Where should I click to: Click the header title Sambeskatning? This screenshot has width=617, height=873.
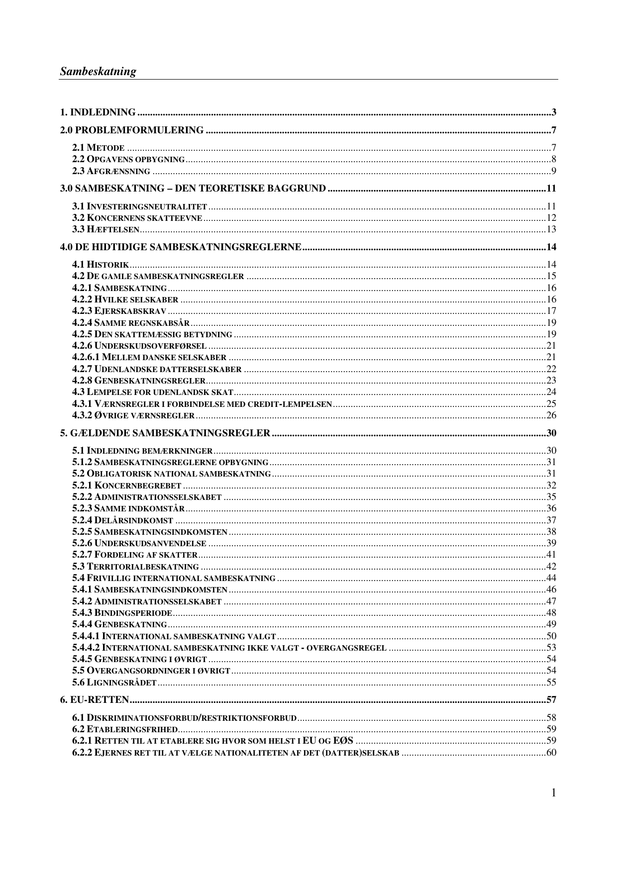tap(98, 71)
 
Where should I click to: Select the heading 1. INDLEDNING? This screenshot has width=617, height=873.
tap(98, 112)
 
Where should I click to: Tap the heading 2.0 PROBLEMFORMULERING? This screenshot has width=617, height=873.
tap(132, 130)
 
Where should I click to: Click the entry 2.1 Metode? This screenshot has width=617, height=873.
tap(98, 148)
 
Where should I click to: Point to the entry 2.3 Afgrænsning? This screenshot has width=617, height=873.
tap(111, 172)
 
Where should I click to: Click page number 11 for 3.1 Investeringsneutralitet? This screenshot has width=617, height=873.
tap(551, 206)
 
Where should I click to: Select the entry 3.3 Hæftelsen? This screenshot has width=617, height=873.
tap(105, 229)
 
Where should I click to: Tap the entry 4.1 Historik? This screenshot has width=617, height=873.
tap(101, 265)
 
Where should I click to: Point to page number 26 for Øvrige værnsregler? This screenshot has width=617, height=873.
tap(551, 415)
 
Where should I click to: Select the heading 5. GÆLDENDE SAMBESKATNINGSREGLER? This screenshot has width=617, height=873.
tap(165, 433)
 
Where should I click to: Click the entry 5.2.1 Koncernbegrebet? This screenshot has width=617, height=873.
tap(126, 485)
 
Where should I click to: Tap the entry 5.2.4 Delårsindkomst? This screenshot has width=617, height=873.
tap(122, 521)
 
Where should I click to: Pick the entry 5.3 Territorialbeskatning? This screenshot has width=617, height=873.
tap(135, 567)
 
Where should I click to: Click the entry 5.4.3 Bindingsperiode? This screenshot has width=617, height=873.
tap(122, 613)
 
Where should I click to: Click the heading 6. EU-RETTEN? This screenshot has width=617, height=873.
tap(95, 700)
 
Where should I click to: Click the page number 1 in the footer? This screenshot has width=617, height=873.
tap(553, 793)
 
